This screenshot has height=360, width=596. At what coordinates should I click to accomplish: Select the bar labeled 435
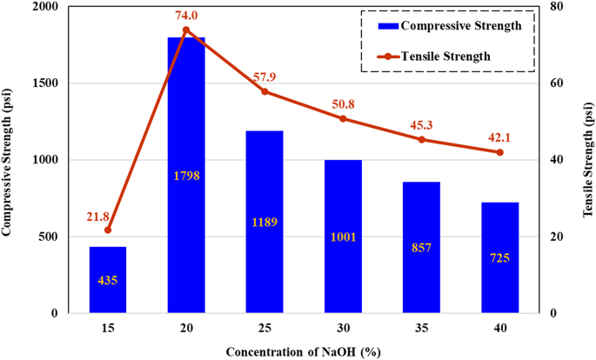click(x=108, y=280)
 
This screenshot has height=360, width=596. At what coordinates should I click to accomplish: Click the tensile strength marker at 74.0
click(x=186, y=30)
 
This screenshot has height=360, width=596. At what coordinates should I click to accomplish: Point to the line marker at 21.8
click(x=108, y=230)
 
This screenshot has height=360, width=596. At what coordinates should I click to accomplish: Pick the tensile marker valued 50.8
click(x=343, y=118)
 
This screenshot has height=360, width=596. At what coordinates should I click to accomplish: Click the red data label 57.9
click(x=265, y=75)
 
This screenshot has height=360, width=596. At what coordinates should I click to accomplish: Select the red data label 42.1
click(x=500, y=135)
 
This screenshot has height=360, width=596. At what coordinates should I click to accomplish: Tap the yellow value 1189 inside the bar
click(x=265, y=222)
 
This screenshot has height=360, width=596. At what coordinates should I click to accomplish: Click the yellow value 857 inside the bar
click(x=422, y=247)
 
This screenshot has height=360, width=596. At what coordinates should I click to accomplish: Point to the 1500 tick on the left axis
click(x=51, y=83)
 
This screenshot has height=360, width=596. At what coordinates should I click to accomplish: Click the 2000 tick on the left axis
click(x=51, y=7)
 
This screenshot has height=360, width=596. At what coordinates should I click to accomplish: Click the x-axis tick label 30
click(x=343, y=328)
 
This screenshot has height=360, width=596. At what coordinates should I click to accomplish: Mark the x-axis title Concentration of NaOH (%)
click(x=303, y=350)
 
